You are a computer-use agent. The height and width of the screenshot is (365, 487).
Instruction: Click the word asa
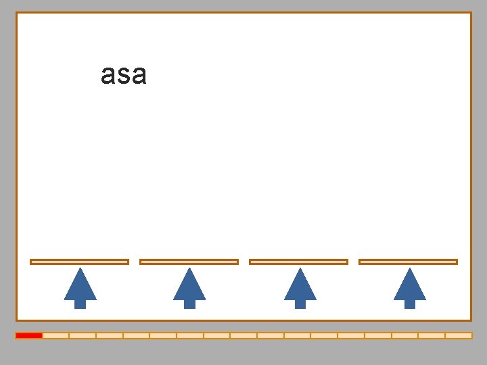pos(123,74)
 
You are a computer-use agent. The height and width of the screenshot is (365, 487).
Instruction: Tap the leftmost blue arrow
pos(80,288)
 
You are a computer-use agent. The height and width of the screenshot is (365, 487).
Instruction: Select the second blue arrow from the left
pos(189,288)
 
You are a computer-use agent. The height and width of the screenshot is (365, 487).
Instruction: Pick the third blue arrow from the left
pos(300,288)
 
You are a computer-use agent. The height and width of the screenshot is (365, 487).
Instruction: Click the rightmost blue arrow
pos(409,288)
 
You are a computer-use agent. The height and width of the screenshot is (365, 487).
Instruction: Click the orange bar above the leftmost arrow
pos(79,262)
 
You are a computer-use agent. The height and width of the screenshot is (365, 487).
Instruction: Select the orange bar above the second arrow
pos(189,262)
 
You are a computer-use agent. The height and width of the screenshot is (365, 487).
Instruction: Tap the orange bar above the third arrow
pos(298,262)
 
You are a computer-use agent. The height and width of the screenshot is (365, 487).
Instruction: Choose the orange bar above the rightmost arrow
pos(408,262)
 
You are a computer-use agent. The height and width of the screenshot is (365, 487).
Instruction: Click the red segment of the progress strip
pos(29,335)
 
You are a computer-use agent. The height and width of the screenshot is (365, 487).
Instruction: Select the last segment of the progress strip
pos(459,335)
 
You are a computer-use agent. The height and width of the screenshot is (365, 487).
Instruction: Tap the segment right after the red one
pos(55,335)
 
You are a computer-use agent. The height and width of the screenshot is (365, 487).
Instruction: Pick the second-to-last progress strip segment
pos(432,335)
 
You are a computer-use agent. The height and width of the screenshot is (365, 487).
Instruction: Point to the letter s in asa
pos(123,75)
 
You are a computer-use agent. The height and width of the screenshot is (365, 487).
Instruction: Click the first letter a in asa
pos(108,75)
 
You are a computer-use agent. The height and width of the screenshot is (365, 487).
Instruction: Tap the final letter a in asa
pos(138,75)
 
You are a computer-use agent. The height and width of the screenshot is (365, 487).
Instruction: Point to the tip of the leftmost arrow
pos(80,270)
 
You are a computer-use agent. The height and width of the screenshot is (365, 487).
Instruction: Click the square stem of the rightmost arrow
pos(409,303)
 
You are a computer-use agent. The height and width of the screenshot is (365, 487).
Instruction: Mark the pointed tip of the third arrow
pos(300,270)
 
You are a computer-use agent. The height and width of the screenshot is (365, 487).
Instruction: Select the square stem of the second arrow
pos(189,303)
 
